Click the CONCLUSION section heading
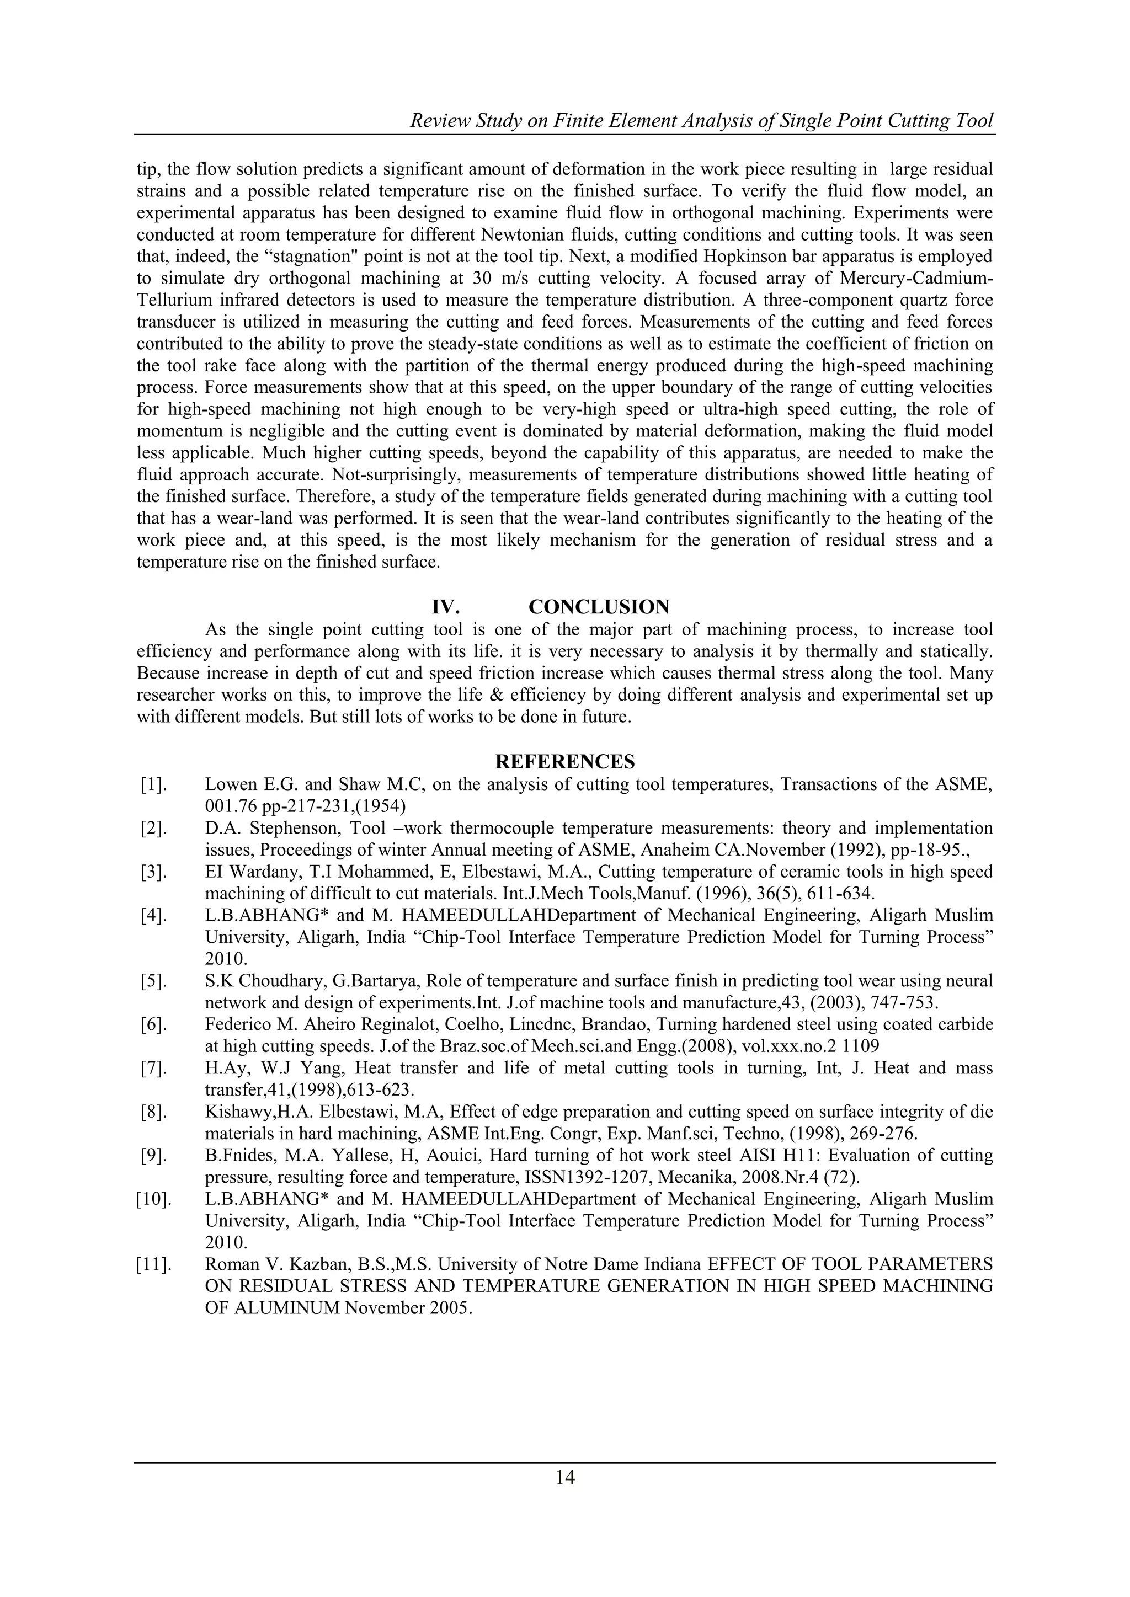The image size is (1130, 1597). (599, 607)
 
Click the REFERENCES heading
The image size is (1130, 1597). (564, 762)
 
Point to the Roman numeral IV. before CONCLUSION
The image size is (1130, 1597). (445, 607)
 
